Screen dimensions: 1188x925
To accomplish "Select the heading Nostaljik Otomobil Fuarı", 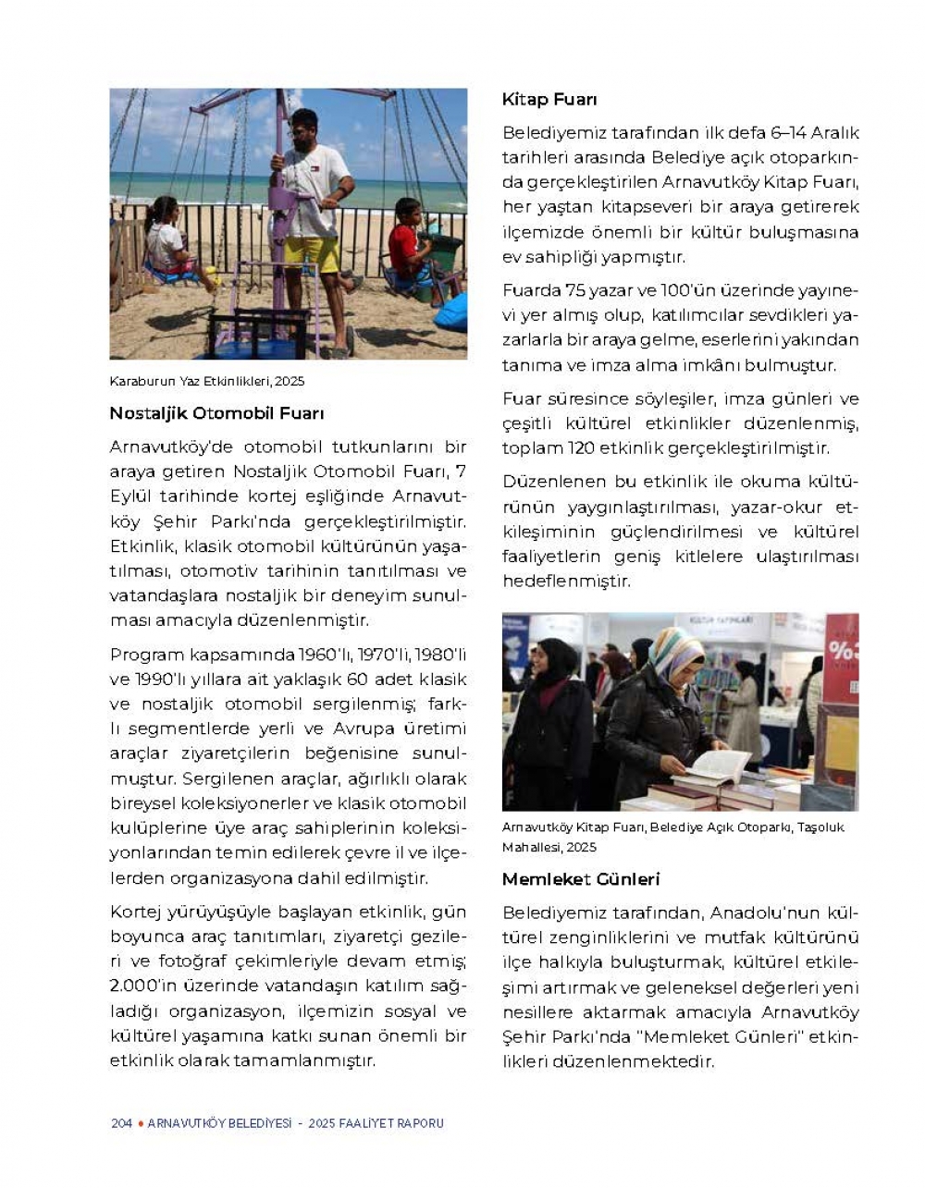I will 216,413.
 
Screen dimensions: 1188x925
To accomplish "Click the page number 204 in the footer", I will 121,1123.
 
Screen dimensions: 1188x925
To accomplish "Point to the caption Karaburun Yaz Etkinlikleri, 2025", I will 206,381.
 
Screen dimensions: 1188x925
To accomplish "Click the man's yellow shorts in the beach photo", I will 312,255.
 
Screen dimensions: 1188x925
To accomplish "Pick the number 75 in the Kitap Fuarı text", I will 575,290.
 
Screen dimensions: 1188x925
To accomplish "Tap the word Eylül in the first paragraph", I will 131,496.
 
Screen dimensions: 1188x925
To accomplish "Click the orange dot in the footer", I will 140,1123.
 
